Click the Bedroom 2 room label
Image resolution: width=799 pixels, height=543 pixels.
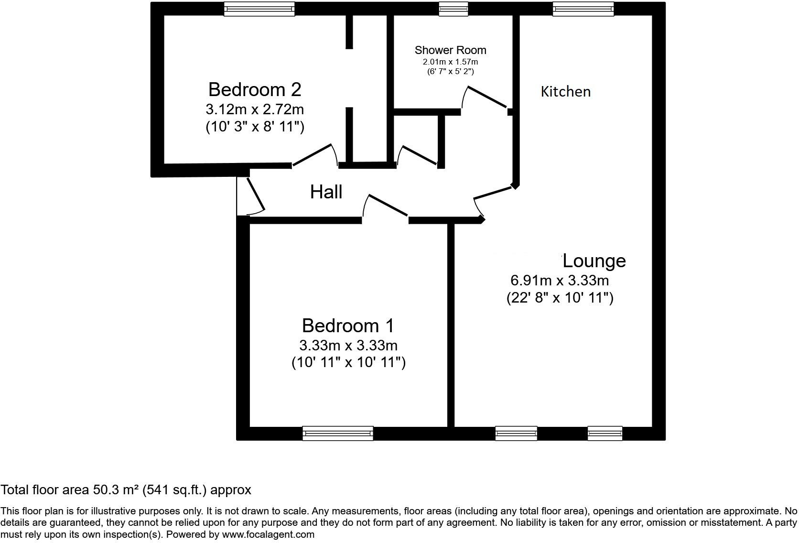coord(255,90)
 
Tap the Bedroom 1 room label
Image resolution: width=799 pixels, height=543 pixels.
coord(348,326)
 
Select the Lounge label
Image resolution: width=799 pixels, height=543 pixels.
coord(594,261)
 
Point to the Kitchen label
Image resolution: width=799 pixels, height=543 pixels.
coord(565,92)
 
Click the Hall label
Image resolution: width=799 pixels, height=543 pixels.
coord(326,192)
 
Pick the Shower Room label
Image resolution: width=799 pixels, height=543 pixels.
coord(450,50)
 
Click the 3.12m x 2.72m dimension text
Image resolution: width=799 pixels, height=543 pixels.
coord(255,109)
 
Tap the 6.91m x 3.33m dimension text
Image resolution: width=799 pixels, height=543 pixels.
coord(560,280)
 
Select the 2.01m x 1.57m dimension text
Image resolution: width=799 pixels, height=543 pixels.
coord(450,62)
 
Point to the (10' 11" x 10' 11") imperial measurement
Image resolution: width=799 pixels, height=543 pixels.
coord(348,363)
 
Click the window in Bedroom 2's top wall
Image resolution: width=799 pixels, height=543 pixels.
coord(259,9)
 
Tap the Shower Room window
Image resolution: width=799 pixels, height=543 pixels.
coord(453,9)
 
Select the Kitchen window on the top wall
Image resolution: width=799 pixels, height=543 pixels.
coord(583,9)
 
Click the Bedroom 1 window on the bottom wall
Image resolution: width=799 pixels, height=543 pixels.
coord(337,433)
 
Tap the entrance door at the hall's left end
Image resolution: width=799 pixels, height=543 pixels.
coord(254,195)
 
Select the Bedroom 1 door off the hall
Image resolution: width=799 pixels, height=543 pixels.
coord(386,206)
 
